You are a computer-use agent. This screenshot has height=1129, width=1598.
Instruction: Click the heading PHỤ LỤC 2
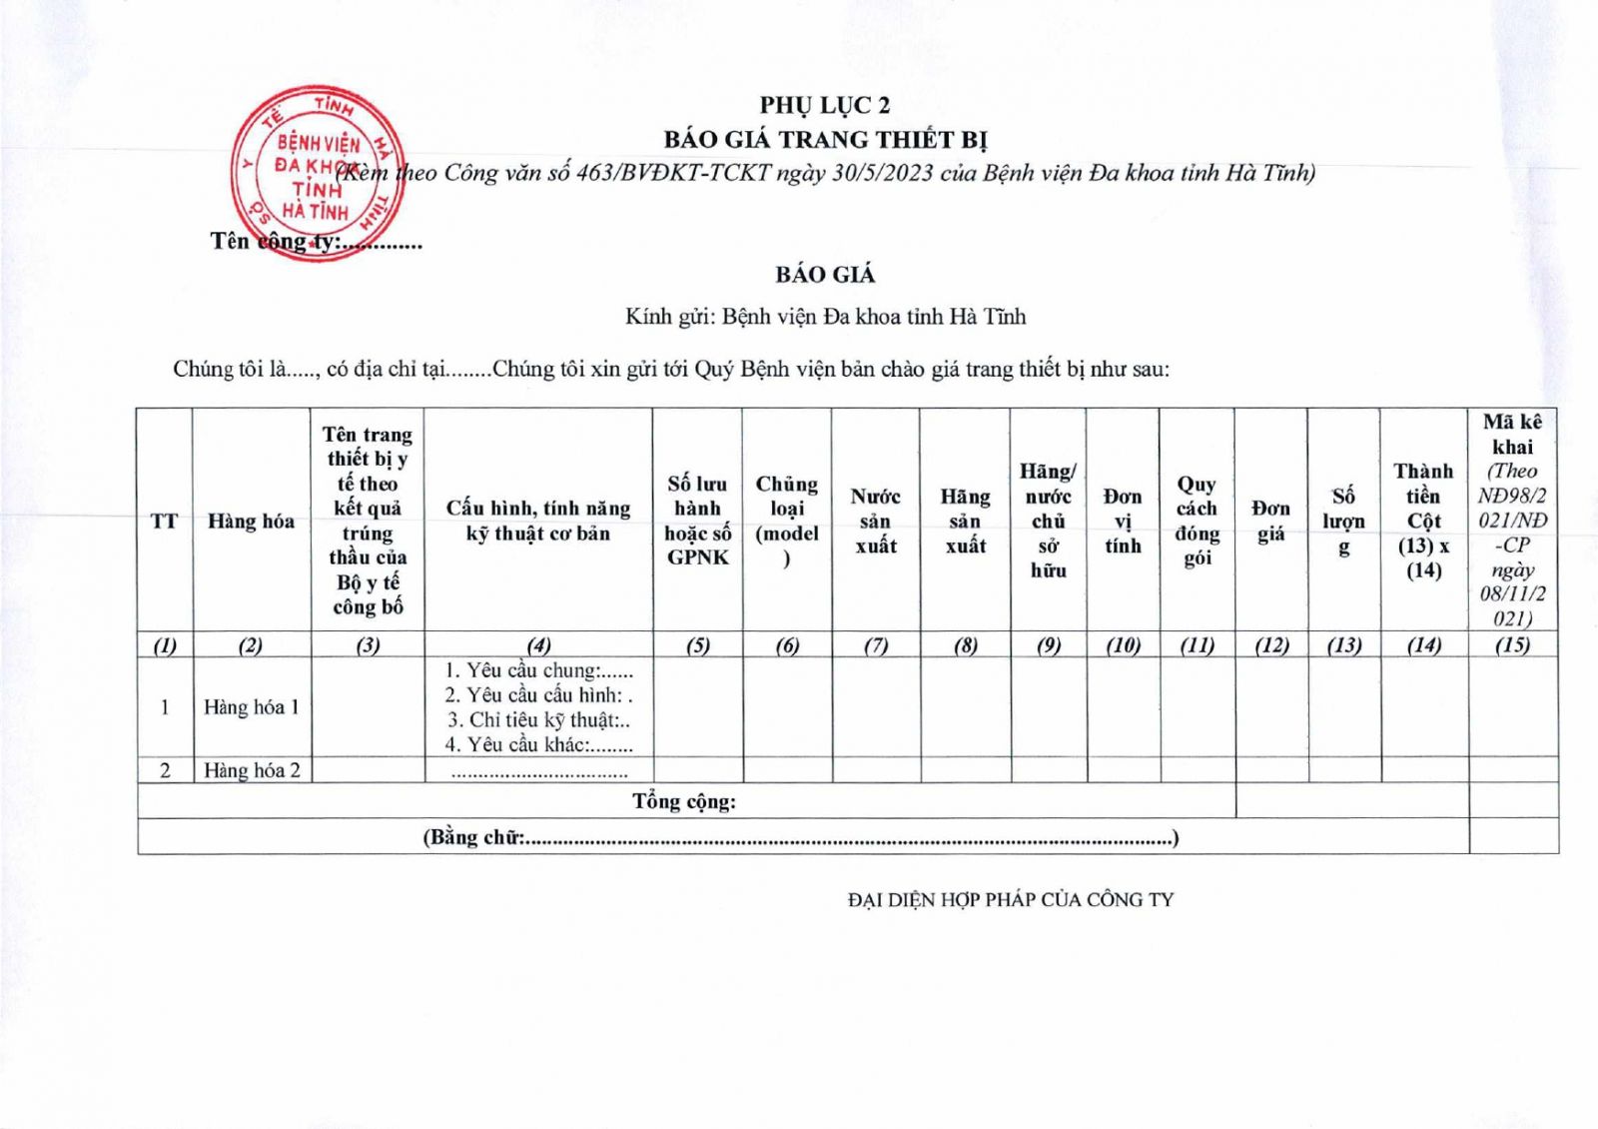(x=824, y=105)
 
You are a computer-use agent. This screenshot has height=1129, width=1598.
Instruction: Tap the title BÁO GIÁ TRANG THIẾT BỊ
(x=825, y=139)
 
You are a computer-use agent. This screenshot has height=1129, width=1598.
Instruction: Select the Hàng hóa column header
(x=251, y=521)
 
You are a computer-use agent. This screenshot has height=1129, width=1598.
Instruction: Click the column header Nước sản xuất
(x=875, y=521)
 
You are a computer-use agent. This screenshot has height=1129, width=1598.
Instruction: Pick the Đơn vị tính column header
(x=1123, y=521)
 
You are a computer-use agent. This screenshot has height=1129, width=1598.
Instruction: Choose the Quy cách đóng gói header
(x=1197, y=521)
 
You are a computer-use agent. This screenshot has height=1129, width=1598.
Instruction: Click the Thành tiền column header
(x=1423, y=521)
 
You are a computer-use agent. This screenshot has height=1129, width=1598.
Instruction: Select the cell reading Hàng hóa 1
(x=251, y=707)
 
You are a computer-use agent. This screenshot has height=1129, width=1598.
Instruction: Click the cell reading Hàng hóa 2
(x=251, y=770)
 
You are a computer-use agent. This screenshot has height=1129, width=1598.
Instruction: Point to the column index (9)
(x=1048, y=645)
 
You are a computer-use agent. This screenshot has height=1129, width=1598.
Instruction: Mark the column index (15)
(x=1512, y=645)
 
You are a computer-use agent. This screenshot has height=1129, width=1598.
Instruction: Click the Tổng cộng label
(x=684, y=801)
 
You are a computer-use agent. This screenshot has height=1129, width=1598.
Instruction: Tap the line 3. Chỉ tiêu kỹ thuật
(x=538, y=720)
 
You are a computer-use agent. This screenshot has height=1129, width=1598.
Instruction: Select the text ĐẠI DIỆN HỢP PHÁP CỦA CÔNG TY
(x=1011, y=900)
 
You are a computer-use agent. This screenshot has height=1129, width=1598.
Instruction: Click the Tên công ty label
(x=316, y=242)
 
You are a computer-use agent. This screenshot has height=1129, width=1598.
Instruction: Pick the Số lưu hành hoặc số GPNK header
(x=697, y=521)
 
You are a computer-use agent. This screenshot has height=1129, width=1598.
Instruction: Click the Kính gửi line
(x=825, y=317)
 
